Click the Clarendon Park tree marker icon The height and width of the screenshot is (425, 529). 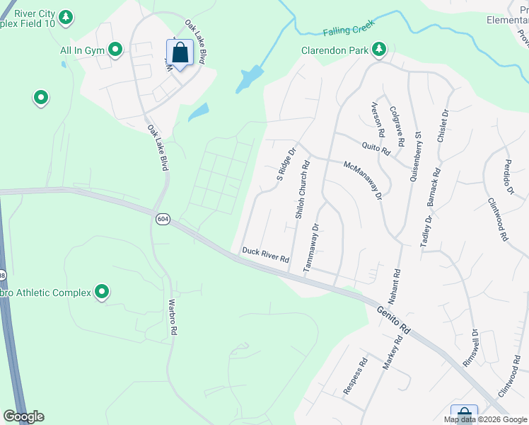point(380,49)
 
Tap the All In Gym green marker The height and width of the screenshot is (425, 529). point(114,50)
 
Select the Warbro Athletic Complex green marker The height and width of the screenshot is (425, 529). point(102,291)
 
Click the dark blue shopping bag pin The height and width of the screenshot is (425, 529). point(180,52)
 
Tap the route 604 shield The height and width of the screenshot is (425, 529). point(163,219)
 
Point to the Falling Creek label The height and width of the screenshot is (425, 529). point(347,31)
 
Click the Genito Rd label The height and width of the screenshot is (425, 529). point(393,319)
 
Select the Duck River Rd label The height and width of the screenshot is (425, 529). point(266,255)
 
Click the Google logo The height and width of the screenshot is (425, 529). point(23,416)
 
